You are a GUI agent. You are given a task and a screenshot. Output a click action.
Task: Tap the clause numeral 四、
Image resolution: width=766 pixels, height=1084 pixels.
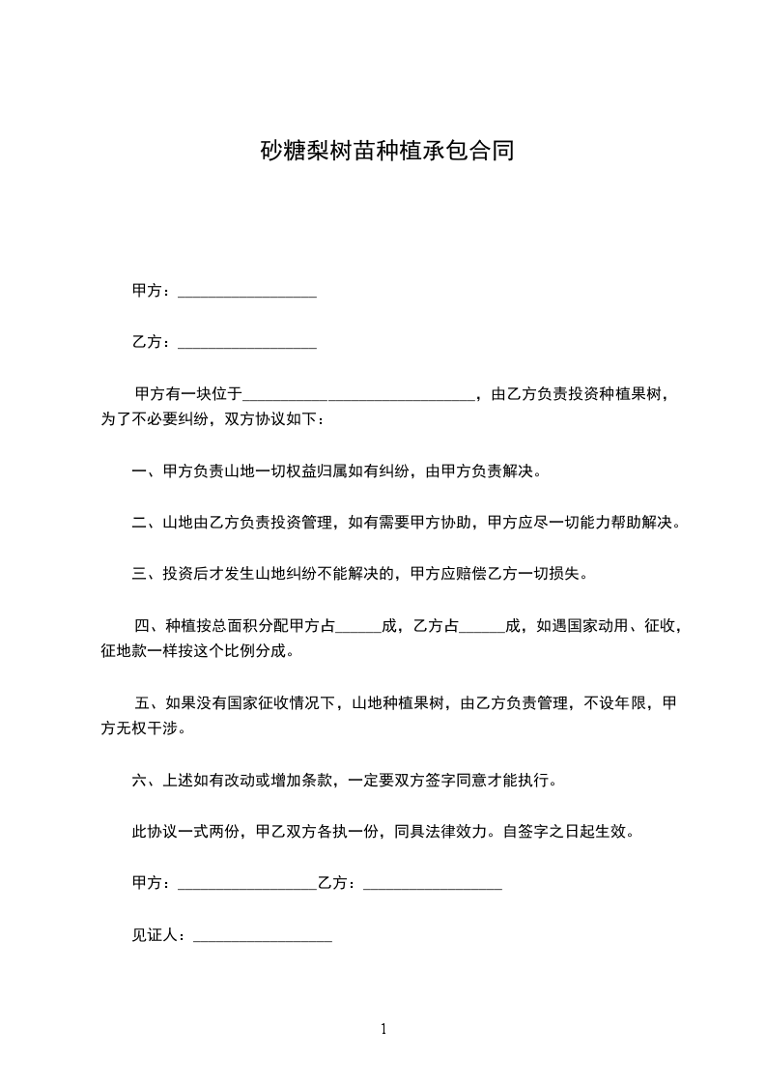tap(147, 626)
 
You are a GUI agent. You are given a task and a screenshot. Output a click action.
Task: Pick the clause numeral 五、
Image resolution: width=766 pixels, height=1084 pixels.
tap(147, 702)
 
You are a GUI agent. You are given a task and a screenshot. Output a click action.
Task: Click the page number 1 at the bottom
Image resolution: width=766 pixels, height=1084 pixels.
tap(383, 1029)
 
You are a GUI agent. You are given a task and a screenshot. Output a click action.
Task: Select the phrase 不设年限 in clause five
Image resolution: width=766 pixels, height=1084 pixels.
tap(614, 702)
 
